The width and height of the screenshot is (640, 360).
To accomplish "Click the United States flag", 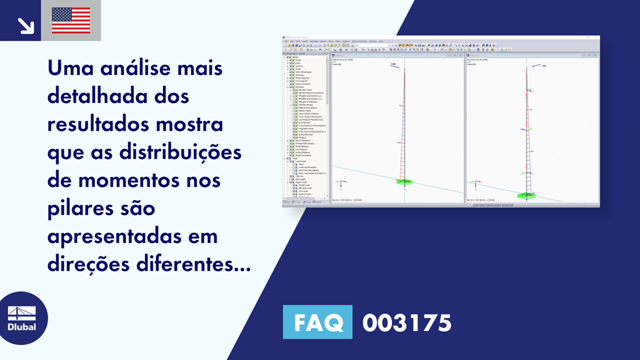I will coord(71,21).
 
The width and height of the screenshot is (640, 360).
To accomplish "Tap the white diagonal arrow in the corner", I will coord(25,25).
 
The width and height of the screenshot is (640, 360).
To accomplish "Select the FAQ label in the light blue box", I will coord(317,323).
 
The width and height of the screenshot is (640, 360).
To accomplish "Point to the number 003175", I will coord(407,323).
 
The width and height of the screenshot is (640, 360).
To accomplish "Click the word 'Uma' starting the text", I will coord(69,69).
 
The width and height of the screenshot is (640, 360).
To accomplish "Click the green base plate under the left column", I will coord(404,182).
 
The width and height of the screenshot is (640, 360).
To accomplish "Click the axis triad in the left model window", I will coord(341,184).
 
